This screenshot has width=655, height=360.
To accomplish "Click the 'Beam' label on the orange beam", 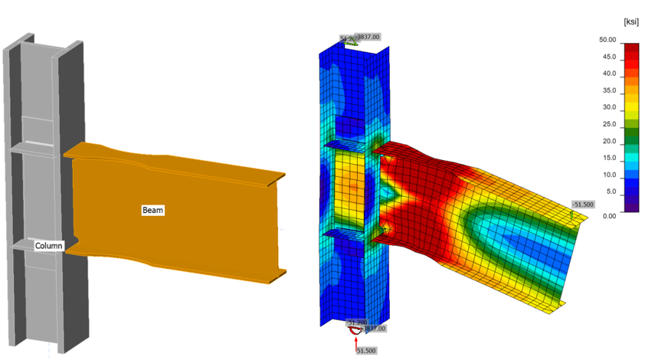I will [152, 209].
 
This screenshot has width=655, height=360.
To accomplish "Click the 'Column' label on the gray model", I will [48, 246].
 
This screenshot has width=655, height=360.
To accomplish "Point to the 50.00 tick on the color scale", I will [608, 40].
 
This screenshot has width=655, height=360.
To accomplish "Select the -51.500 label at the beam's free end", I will [583, 205].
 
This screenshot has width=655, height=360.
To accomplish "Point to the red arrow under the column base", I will [356, 341].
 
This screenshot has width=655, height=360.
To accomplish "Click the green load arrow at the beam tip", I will [572, 216].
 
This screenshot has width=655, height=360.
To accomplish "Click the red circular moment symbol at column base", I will [355, 328].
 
